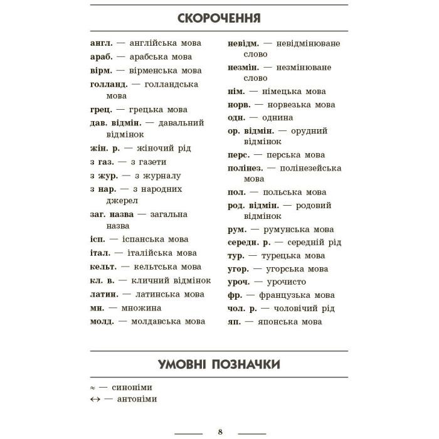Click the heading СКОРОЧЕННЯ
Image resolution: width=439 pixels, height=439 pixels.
click(219, 17)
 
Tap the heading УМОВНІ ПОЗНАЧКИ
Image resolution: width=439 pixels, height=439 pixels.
click(219, 365)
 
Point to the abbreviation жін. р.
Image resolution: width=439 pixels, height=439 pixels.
click(105, 149)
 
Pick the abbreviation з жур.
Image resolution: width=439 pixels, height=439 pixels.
click(103, 176)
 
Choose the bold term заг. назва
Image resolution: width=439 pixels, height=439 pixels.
click(112, 214)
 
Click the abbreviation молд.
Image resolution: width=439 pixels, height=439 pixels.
click(102, 322)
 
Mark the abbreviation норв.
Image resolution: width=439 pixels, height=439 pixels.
click(239, 104)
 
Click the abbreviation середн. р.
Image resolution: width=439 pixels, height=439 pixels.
click(250, 242)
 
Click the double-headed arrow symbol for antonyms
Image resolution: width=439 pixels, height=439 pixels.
click(95, 399)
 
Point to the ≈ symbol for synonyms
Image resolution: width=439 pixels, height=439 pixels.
click(93, 388)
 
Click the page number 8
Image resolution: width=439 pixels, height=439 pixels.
click(220, 431)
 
